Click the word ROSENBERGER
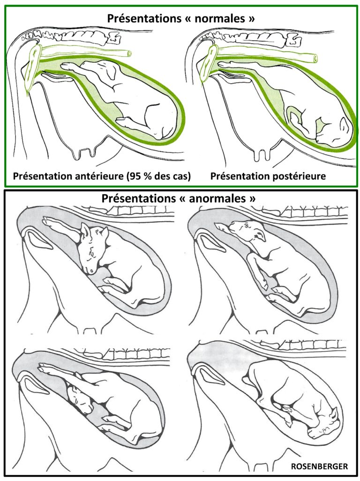pyautogui.click(x=319, y=466)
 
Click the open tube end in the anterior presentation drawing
pyautogui.click(x=129, y=54)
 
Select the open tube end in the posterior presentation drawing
pyautogui.click(x=315, y=58)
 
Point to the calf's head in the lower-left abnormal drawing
pyautogui.click(x=79, y=398)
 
